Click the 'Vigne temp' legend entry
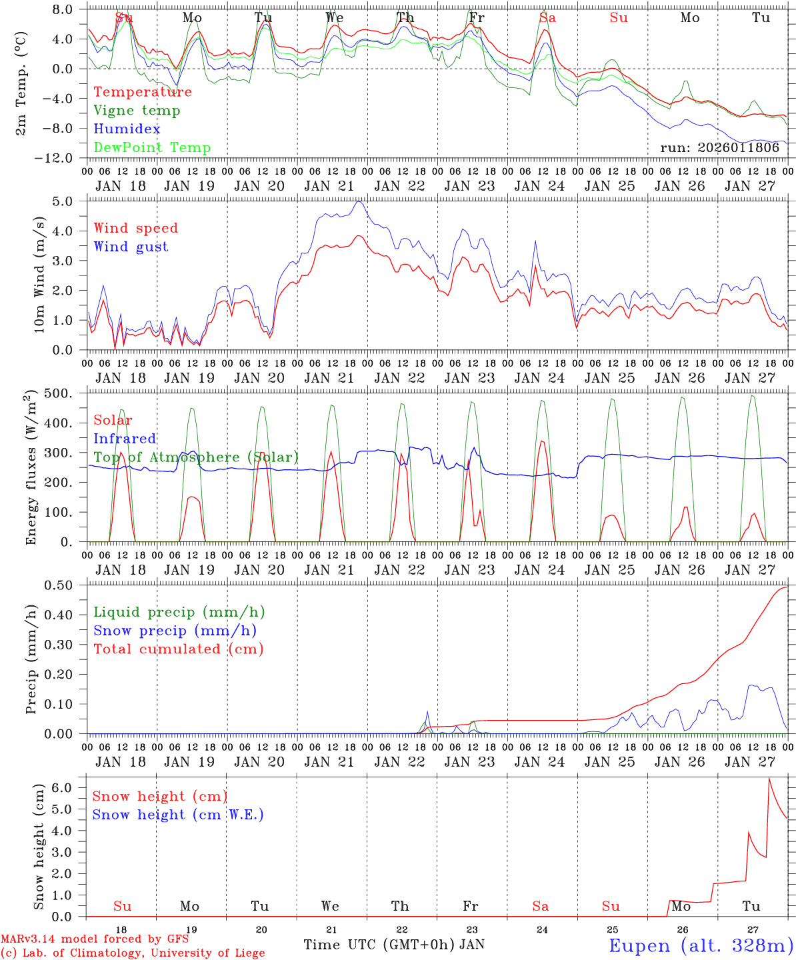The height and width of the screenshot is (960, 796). click(137, 111)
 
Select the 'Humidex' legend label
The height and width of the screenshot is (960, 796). click(127, 129)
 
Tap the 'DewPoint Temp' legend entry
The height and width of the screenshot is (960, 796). click(152, 148)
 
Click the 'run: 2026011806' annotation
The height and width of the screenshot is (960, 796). click(719, 148)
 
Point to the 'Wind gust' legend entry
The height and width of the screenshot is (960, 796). click(131, 247)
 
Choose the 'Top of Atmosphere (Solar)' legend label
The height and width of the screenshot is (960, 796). click(196, 457)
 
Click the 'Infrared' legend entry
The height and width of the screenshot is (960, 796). click(125, 439)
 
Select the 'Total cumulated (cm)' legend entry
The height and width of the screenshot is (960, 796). click(178, 649)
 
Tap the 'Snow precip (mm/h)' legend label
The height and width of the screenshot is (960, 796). click(175, 631)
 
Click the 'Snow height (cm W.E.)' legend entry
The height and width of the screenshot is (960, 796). click(178, 815)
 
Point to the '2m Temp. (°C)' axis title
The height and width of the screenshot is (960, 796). click(22, 83)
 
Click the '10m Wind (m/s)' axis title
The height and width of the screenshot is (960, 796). click(40, 275)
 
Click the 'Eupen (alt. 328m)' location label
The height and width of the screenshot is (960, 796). click(701, 945)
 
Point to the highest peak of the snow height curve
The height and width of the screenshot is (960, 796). click(769, 778)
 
